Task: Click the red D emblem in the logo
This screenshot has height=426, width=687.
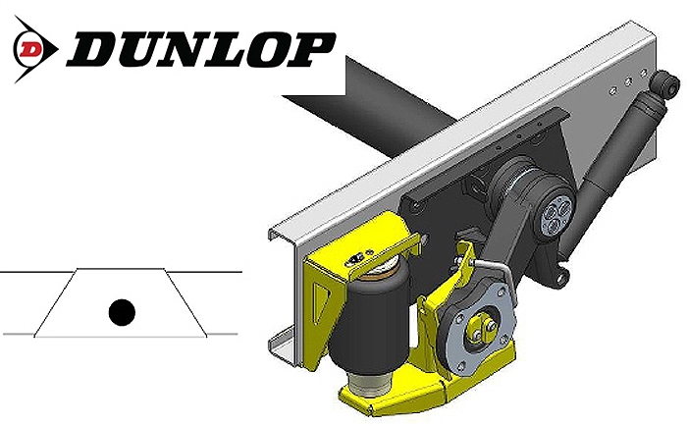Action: [32, 45]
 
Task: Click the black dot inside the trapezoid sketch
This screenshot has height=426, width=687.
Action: [121, 312]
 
